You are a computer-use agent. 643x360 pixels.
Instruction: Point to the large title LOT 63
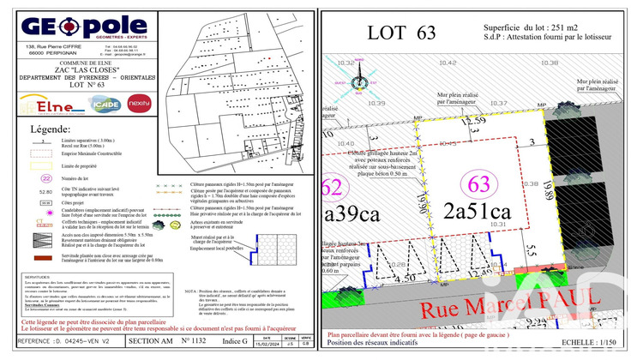pos(400,33)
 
